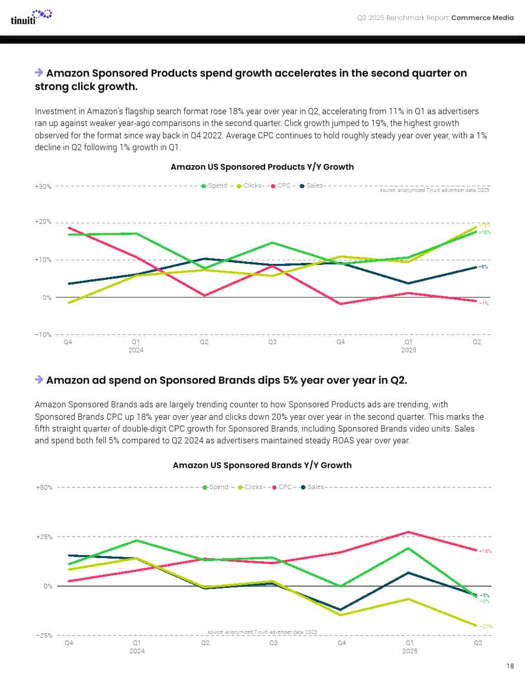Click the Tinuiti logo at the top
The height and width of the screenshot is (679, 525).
(x=31, y=17)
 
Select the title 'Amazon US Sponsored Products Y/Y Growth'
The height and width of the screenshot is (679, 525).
(x=262, y=167)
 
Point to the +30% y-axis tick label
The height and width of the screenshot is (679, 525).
(x=43, y=186)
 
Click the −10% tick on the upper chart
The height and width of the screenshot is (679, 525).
(x=43, y=335)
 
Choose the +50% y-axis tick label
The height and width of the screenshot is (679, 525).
(x=44, y=487)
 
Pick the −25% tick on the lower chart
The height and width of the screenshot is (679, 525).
(x=44, y=636)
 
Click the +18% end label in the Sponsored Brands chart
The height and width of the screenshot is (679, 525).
(x=485, y=551)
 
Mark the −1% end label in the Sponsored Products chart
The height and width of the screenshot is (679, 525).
(x=484, y=303)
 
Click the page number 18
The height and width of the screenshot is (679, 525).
(x=510, y=666)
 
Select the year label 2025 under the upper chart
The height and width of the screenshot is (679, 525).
(x=409, y=350)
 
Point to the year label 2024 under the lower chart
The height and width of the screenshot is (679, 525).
(x=137, y=651)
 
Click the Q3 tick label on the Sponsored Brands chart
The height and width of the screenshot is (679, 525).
(x=273, y=643)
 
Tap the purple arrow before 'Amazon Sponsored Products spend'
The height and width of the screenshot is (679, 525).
(x=39, y=73)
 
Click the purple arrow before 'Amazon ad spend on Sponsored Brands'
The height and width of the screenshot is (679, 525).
(x=39, y=380)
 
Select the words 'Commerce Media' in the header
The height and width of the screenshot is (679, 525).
(x=482, y=17)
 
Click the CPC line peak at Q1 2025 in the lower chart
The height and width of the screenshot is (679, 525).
(x=409, y=532)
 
